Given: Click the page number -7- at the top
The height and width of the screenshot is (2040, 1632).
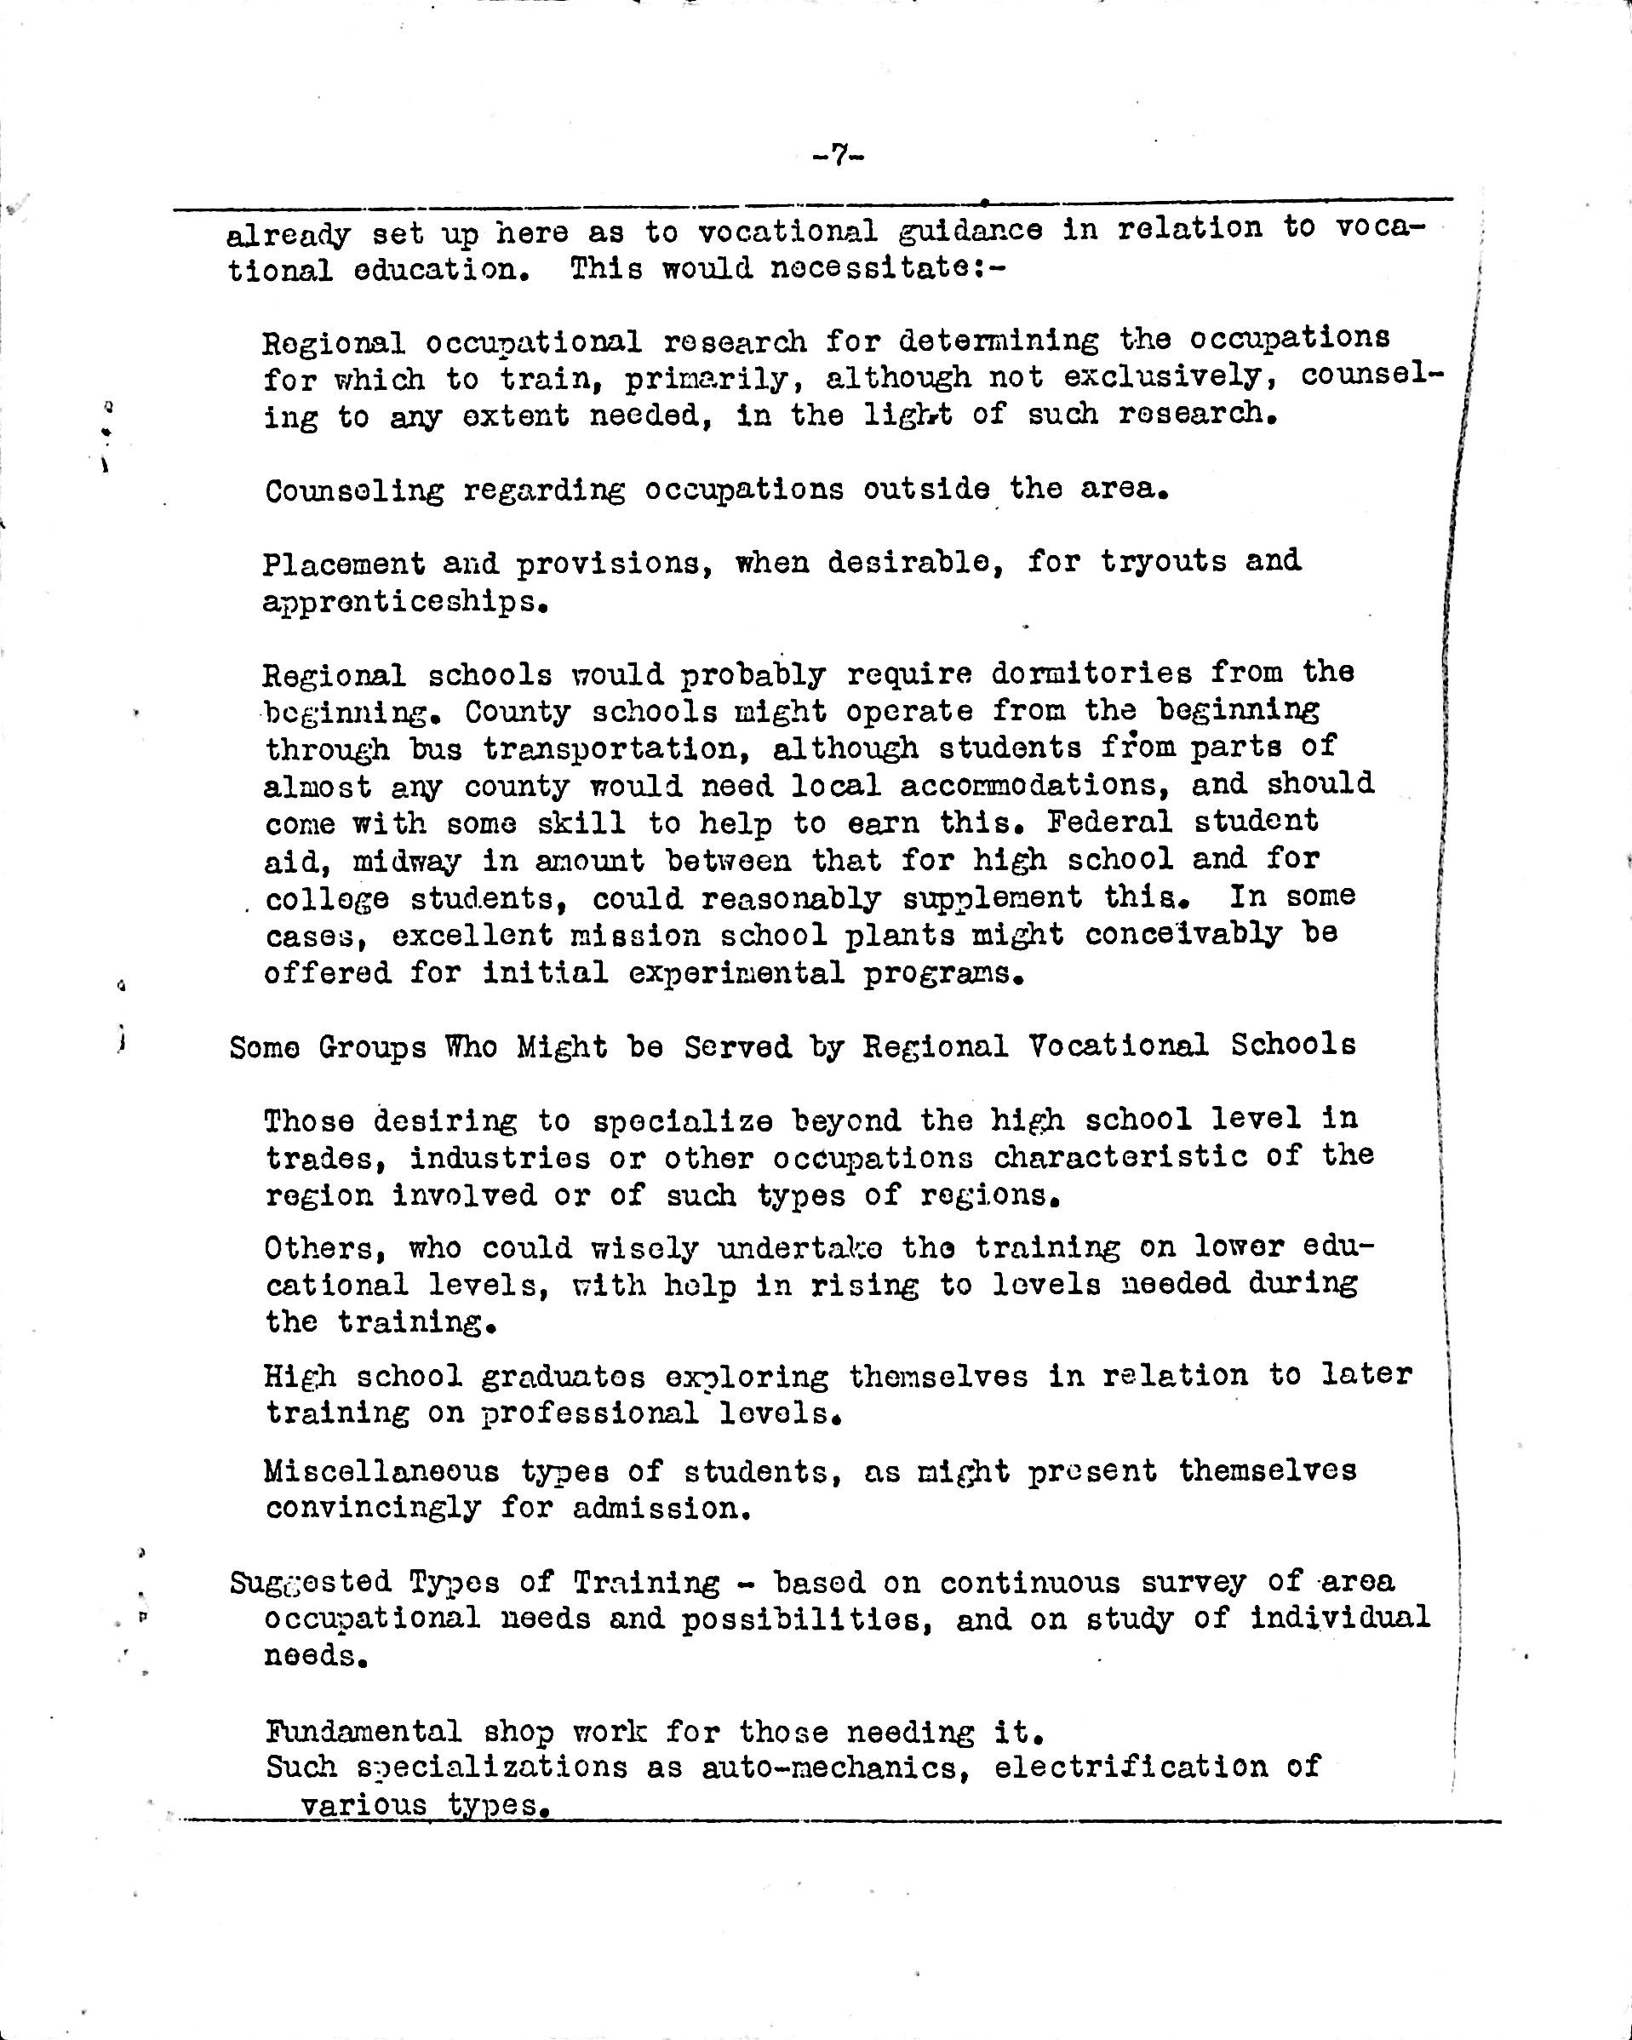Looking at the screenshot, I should (839, 156).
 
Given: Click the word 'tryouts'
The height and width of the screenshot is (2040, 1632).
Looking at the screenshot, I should (1162, 561).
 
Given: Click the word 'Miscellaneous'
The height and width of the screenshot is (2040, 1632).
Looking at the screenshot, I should (381, 1471).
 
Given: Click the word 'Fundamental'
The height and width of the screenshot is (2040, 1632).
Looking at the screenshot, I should (364, 1733).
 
